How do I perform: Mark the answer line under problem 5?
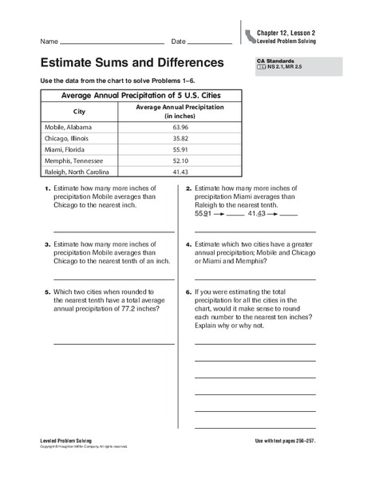114,344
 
